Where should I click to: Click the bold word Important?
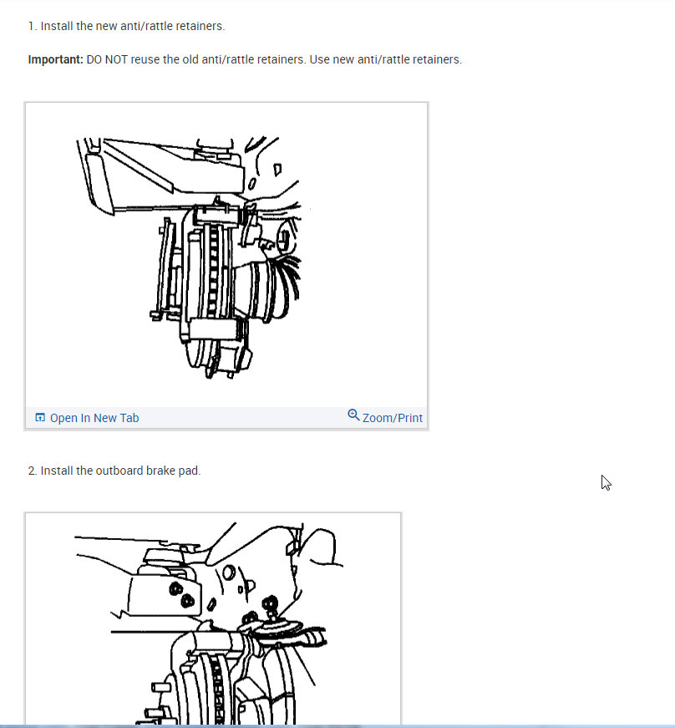pyautogui.click(x=55, y=60)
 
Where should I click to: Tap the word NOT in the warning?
pyautogui.click(x=119, y=60)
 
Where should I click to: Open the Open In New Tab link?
pyautogui.click(x=94, y=418)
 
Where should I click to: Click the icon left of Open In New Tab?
pyautogui.click(x=40, y=418)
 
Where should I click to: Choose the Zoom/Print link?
pyautogui.click(x=393, y=418)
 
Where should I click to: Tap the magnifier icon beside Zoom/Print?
pyautogui.click(x=353, y=415)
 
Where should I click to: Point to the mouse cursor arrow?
pyautogui.click(x=606, y=482)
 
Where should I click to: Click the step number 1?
pyautogui.click(x=32, y=26)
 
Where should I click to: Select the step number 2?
pyautogui.click(x=32, y=471)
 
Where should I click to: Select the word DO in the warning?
pyautogui.click(x=94, y=60)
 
